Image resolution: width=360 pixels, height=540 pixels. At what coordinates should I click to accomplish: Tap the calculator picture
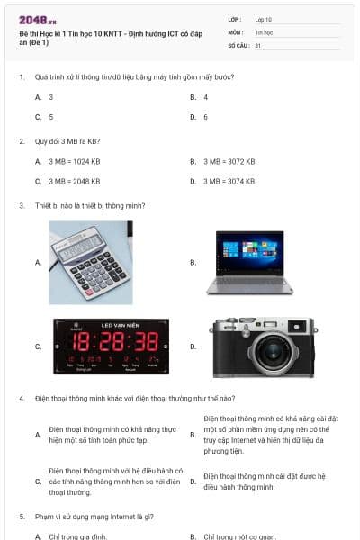point(91,262)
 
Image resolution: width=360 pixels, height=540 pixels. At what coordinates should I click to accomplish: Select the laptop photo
point(249,262)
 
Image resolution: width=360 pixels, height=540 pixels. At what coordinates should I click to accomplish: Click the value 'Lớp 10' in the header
point(263,19)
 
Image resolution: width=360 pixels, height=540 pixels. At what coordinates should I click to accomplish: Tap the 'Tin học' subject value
point(264,31)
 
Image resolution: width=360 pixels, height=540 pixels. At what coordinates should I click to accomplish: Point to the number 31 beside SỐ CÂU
point(258,44)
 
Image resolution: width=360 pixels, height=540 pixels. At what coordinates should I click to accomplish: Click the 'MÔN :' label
point(237,31)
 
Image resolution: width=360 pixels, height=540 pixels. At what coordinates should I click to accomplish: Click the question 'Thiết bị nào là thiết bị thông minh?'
point(88,205)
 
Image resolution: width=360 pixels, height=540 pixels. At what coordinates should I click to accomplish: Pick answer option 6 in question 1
point(206,117)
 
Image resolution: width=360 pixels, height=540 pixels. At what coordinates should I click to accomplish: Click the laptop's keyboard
point(249,284)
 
